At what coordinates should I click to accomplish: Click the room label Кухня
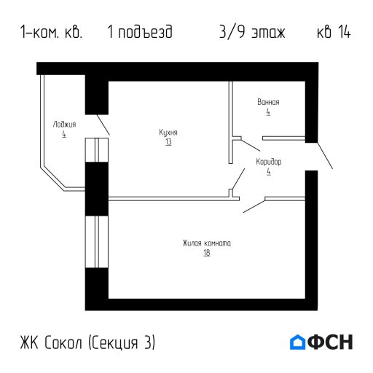pos(168,133)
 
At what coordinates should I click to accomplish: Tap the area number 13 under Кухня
pos(168,142)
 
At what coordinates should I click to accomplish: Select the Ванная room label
pos(268,103)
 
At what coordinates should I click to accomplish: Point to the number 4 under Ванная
pos(268,113)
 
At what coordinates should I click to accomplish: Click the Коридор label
pos(268,161)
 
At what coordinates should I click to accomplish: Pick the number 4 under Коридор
pos(268,171)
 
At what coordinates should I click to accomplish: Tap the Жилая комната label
pos(207,243)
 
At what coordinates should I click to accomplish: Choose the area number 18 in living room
pos(207,253)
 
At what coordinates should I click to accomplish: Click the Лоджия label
pos(64,125)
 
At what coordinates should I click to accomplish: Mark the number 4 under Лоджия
pos(64,135)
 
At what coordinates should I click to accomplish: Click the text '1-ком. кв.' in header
pos(52,34)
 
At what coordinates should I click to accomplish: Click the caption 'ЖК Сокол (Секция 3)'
pos(89,342)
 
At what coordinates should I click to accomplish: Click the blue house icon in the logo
pos(298,342)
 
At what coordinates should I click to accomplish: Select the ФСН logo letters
pos(331,342)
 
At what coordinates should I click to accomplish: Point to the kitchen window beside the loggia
pos(96,149)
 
